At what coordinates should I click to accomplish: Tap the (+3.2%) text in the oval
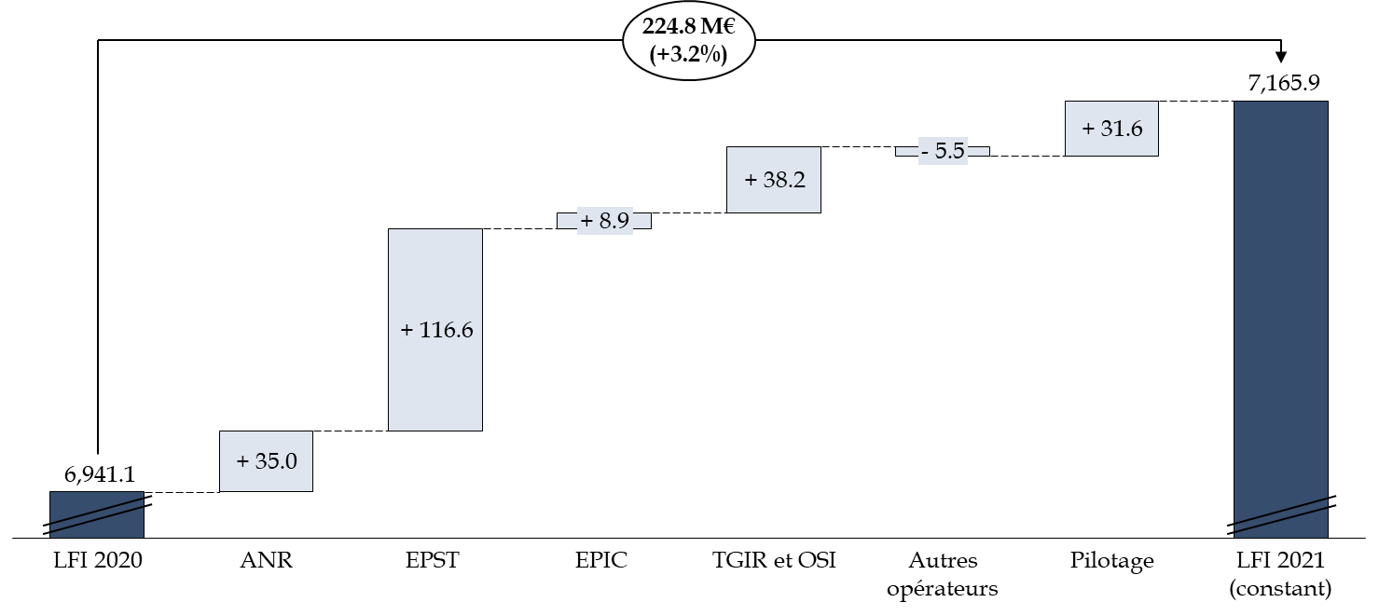click(x=688, y=54)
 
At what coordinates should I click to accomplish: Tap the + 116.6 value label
click(x=435, y=330)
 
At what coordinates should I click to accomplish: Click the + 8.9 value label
click(x=604, y=221)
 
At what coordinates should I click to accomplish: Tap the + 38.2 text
click(x=774, y=180)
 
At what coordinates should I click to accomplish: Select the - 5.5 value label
click(x=943, y=151)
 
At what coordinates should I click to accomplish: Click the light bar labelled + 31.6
click(x=1111, y=144)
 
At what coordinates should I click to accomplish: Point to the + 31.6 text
click(x=1111, y=129)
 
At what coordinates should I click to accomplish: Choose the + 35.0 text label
click(x=266, y=460)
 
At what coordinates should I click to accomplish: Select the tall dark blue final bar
click(x=1280, y=298)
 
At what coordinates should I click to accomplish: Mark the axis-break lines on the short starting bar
click(x=97, y=515)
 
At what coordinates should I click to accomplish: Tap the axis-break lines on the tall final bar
click(x=1280, y=515)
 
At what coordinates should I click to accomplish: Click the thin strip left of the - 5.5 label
click(x=907, y=151)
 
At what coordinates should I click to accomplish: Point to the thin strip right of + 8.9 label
click(x=641, y=221)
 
